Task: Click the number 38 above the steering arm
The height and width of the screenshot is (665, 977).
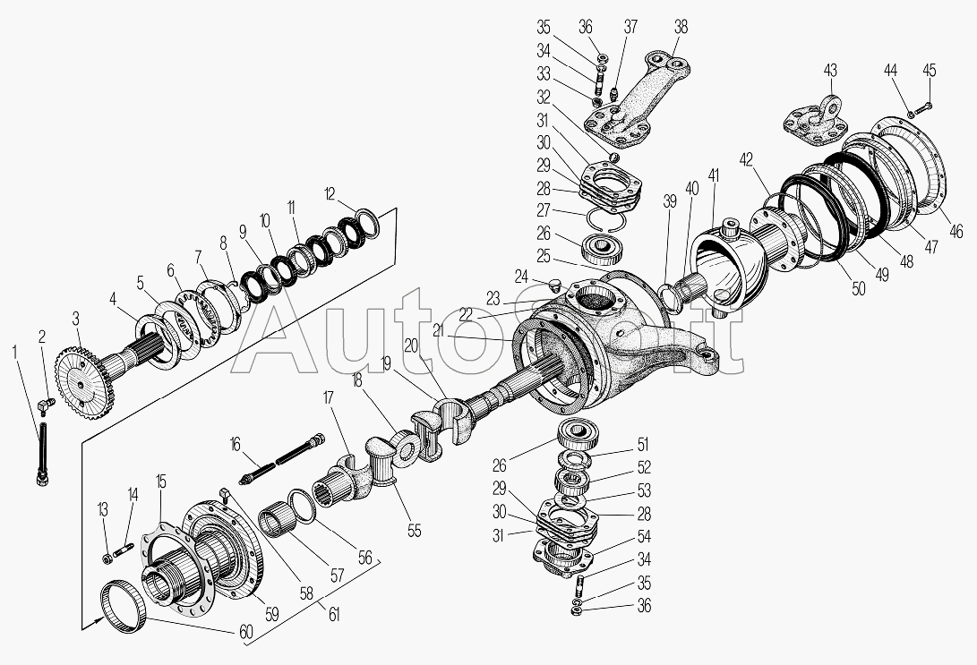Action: coord(681,27)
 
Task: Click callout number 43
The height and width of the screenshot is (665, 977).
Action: coord(830,71)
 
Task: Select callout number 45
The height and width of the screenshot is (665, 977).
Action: coord(929,71)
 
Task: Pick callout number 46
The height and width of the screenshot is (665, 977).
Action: coord(956,232)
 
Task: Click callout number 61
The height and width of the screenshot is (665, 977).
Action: coord(335,615)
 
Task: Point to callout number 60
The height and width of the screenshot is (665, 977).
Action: coord(247,633)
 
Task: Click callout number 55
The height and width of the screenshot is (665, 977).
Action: coord(415,530)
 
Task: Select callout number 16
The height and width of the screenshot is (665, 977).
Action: coord(235,444)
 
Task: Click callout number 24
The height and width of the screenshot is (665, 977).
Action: coord(521,276)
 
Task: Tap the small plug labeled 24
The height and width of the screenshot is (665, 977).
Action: coord(555,286)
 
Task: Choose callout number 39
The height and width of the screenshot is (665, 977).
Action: coord(669,201)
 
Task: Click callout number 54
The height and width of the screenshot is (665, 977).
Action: coord(644,536)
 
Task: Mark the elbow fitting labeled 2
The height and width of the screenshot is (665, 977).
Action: coord(45,405)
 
